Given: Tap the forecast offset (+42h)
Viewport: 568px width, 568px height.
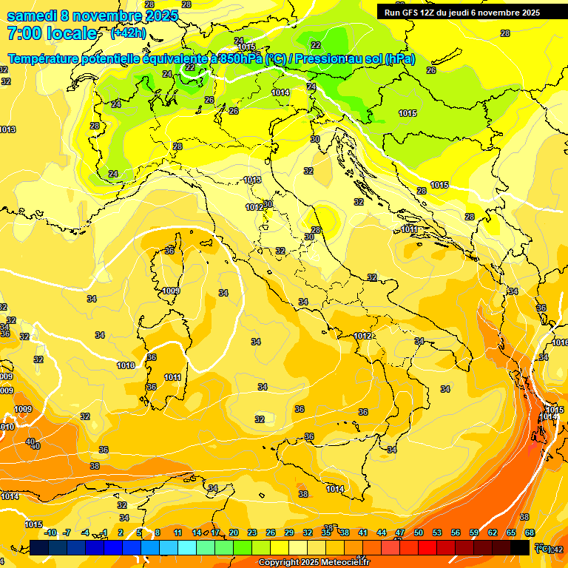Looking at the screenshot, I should (128, 33).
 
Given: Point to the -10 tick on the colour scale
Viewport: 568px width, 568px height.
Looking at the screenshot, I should (50, 533).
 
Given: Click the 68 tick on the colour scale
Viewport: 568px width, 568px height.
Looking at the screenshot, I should (530, 533).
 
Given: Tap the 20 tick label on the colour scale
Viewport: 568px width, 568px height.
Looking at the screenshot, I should (234, 533).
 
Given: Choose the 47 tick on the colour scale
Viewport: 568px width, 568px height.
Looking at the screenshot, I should (400, 533).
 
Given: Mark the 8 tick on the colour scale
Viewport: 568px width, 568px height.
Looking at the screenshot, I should (158, 533).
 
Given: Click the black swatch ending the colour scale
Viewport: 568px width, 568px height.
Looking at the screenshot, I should (520, 547).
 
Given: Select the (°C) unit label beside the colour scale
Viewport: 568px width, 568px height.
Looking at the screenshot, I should (543, 548).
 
